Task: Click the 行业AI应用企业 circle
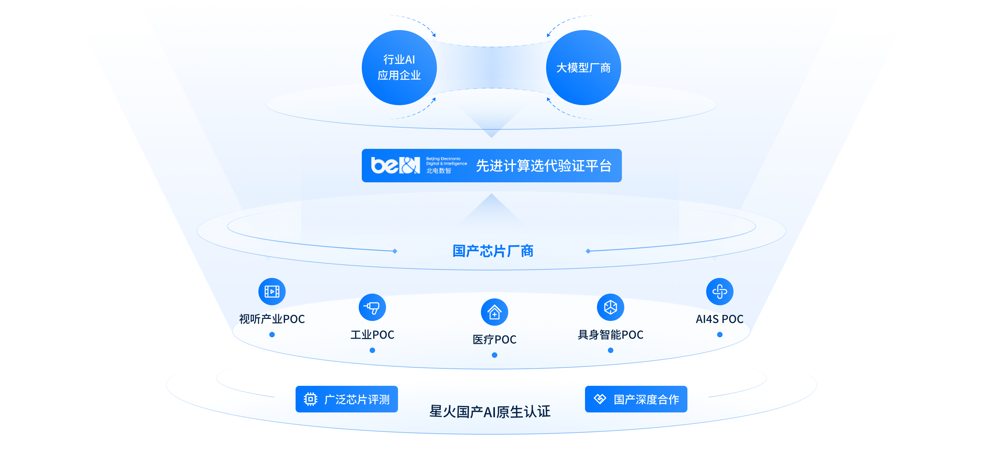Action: pos(399,68)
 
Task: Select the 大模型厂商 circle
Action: pos(583,68)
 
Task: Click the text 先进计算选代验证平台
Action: pos(543,166)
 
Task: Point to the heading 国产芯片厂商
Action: pos(493,251)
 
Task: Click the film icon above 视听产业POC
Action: pos(272,291)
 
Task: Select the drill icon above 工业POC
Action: pos(372,307)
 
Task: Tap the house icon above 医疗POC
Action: pos(494,312)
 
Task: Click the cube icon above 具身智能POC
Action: pos(610,307)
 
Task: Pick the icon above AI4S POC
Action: pos(719,291)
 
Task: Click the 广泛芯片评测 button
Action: pos(346,399)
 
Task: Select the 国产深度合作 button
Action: pos(636,399)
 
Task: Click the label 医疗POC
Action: pos(494,339)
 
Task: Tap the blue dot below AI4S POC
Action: pos(719,334)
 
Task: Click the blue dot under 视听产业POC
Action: pos(272,334)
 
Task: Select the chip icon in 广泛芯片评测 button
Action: pos(310,399)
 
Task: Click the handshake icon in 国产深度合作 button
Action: pos(600,399)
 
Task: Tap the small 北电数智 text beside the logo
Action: pos(439,171)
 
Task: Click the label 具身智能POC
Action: pos(610,334)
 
